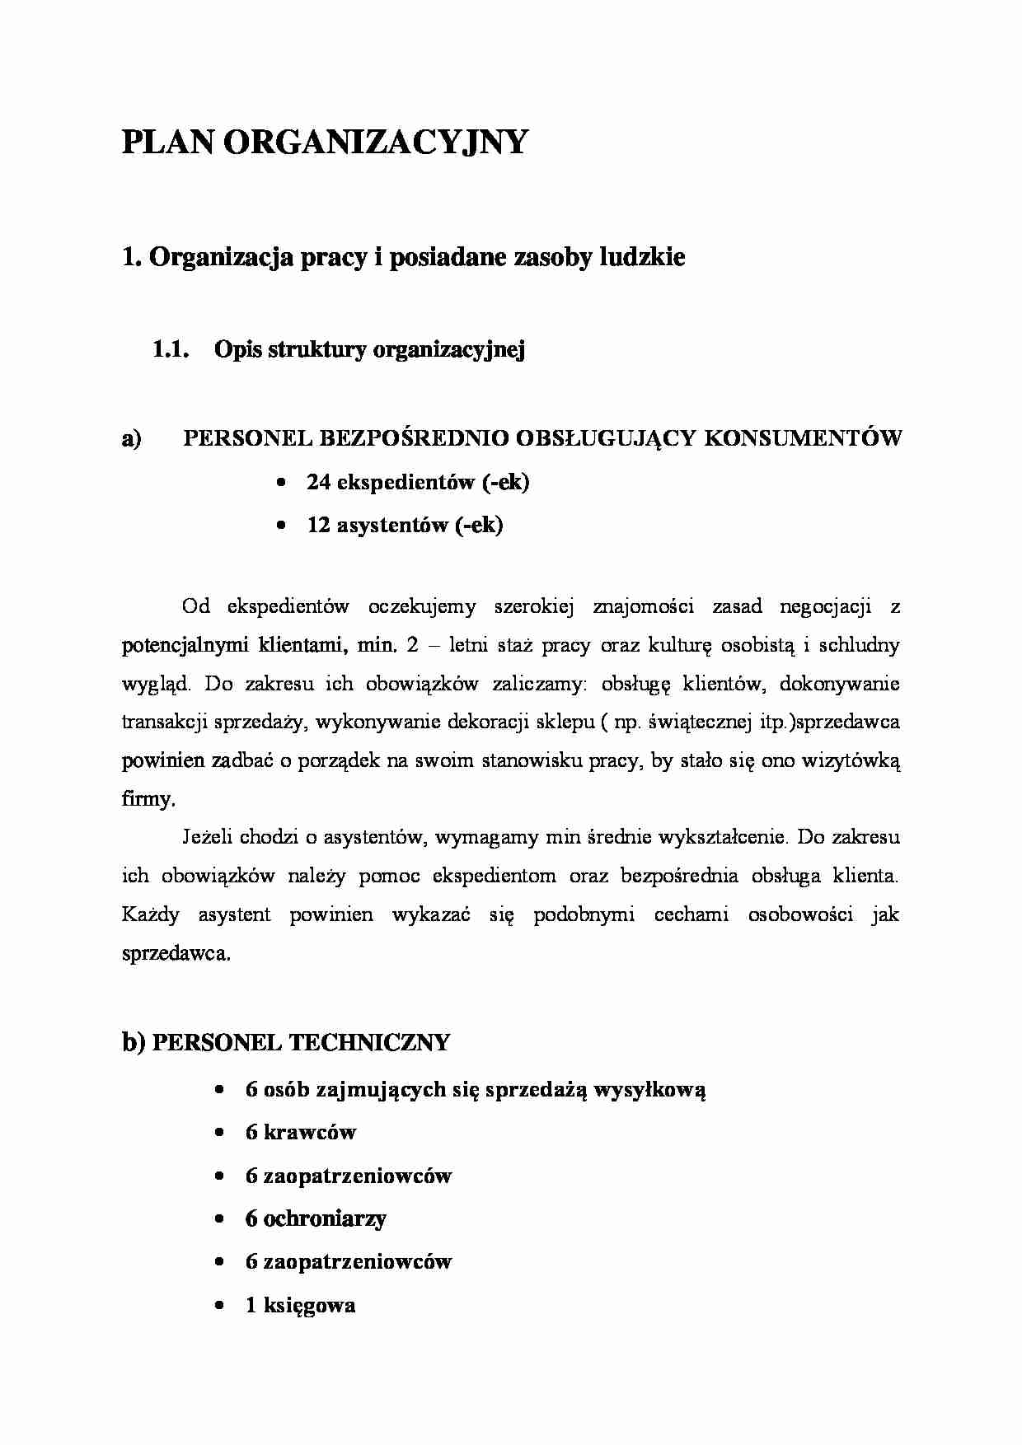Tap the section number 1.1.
[172, 349]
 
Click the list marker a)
[132, 439]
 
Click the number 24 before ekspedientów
[319, 482]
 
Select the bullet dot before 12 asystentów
[283, 525]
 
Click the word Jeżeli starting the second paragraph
[207, 838]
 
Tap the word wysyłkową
[650, 1089]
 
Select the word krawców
[310, 1132]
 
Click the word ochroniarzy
[325, 1218]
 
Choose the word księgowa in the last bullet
[310, 1305]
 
